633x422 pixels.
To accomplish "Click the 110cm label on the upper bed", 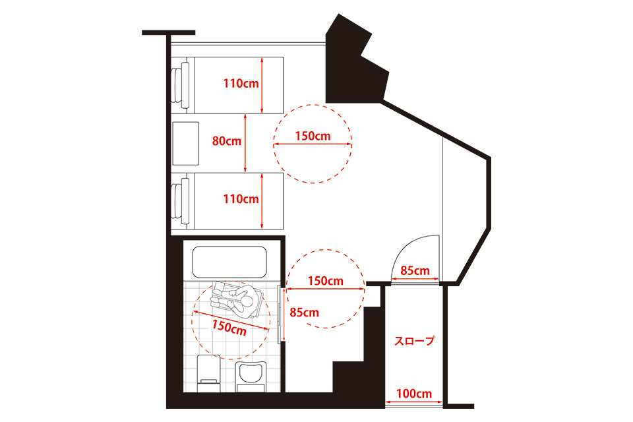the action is pos(241,84).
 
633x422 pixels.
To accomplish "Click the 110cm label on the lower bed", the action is pos(241,199).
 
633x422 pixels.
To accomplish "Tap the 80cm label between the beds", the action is pos(227,141).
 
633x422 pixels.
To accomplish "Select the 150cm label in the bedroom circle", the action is pos(313,136).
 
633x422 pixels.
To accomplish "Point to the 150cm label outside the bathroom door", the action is pos(325,281).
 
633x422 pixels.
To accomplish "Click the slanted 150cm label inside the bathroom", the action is pos(229,327).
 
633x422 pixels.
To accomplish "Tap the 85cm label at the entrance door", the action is pos(415,270).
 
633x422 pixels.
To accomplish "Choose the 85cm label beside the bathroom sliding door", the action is pos(305,313).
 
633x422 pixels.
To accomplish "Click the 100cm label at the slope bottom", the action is pos(414,394).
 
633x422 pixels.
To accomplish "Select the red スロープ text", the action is pos(415,341).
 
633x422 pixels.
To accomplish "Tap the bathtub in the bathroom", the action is pos(229,262).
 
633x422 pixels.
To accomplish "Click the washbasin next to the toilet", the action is pos(251,377).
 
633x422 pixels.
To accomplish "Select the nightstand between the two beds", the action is pos(186,143).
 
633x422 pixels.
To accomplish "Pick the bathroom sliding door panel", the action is pos(280,314).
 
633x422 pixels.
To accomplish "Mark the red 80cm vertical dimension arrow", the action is pos(245,143).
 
